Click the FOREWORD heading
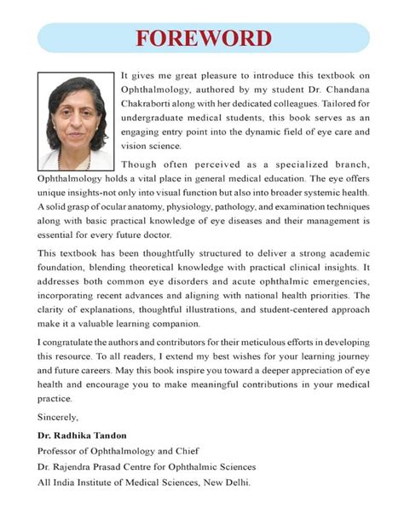tap(202, 38)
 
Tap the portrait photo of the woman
tap(75, 120)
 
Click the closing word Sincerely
tap(59, 417)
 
